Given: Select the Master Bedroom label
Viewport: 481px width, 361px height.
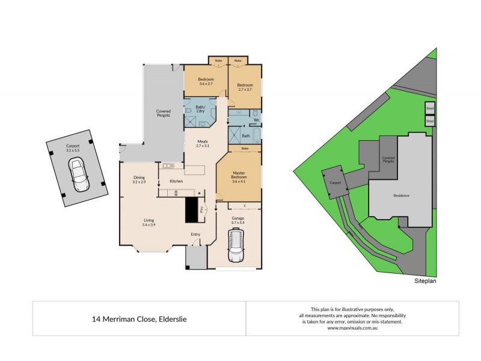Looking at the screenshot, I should click(239, 177).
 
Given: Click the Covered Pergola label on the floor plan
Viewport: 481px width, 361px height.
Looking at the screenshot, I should click(163, 113).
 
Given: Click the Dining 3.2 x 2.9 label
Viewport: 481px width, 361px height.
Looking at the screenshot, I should click(139, 179).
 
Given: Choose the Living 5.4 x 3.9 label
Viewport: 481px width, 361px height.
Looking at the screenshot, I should click(149, 223).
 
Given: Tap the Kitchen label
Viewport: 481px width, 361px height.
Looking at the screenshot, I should click(176, 181).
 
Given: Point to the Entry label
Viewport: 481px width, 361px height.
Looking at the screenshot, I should click(196, 235).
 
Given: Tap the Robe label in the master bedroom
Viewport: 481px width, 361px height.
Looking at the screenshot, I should click(245, 149).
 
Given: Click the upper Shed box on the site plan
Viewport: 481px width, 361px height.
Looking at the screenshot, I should click(429, 109).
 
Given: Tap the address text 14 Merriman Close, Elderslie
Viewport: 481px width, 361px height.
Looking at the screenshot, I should click(139, 319).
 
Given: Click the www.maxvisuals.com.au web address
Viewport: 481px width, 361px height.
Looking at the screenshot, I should click(352, 328).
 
